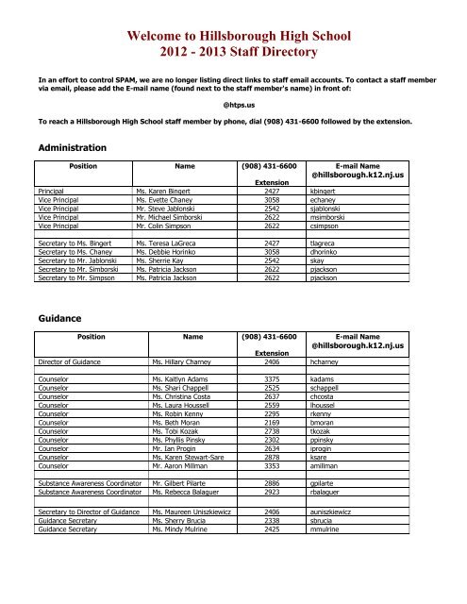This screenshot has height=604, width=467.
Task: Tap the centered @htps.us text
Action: click(233, 106)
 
